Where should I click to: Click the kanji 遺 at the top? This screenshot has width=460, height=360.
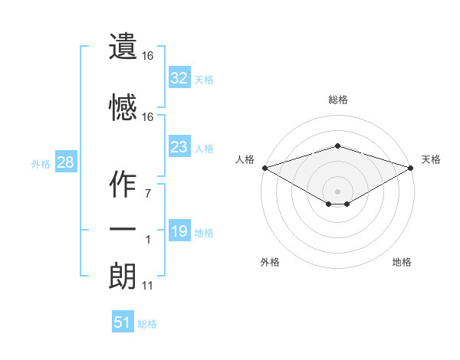(123, 47)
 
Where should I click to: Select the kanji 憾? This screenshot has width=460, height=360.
(123, 107)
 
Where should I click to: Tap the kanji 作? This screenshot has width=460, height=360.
(123, 185)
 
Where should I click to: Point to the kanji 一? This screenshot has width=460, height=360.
(123, 230)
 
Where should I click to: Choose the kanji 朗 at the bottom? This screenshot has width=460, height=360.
(123, 276)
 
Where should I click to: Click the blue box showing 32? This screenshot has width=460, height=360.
(179, 78)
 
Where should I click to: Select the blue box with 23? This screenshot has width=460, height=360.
(179, 147)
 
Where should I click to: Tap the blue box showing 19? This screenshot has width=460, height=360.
(179, 231)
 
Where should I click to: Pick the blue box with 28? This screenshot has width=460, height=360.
(65, 162)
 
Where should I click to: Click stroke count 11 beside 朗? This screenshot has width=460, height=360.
(147, 286)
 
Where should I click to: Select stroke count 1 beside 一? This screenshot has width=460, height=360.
(147, 240)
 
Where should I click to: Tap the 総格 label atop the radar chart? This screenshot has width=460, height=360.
(337, 100)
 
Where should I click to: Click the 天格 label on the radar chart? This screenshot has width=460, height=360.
(431, 159)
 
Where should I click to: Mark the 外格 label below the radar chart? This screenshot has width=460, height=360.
(270, 262)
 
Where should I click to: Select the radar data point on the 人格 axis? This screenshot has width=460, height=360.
(264, 168)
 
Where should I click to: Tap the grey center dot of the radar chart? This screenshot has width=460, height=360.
(337, 191)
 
